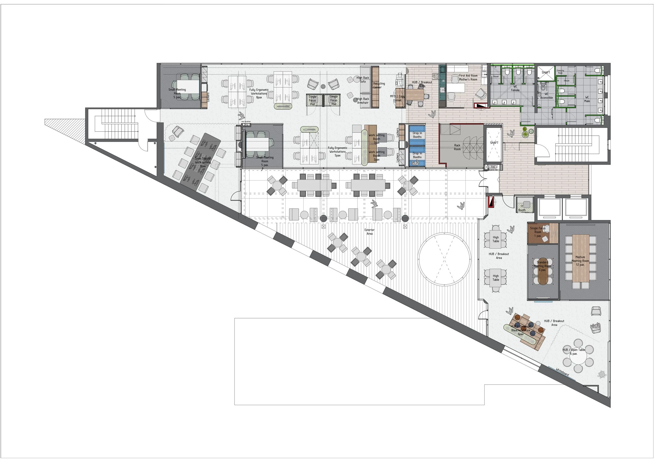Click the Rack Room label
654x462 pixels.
coord(457,147)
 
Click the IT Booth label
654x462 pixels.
coord(522,208)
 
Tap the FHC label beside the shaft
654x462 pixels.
coord(493,167)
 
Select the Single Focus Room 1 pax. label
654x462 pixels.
coord(538,232)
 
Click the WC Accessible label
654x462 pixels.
coord(546,96)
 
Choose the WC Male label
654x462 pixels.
coord(587,99)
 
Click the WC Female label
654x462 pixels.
coord(515,88)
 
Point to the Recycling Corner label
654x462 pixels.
coord(379,85)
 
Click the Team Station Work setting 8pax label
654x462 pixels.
coord(203,162)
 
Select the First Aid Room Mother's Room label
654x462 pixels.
coord(468,77)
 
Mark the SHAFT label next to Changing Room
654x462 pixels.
coord(546,72)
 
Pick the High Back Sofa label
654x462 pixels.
coord(363,80)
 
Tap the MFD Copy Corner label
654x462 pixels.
coord(397,98)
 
